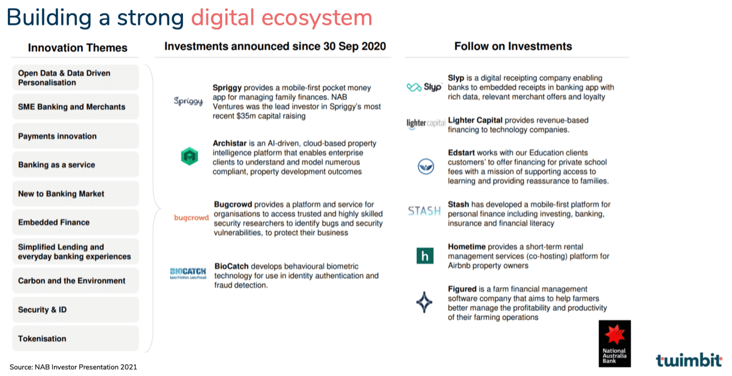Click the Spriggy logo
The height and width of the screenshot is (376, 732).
coord(188,101)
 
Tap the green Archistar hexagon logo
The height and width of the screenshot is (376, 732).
coord(189,156)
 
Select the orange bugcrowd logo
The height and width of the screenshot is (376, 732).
coord(191,217)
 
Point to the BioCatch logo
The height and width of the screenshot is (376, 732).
coord(188,273)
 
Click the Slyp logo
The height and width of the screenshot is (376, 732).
coord(424,87)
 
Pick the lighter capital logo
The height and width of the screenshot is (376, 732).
coord(425,123)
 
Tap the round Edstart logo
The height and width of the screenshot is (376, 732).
coord(425,166)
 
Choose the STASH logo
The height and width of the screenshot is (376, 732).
coord(424,210)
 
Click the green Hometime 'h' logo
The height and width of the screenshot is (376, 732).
coord(425,255)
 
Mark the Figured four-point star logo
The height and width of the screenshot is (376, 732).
coord(424,302)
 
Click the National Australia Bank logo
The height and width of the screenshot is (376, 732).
coord(615,343)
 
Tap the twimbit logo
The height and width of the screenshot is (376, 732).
coord(689,360)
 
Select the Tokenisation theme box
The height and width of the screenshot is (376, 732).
coord(76,338)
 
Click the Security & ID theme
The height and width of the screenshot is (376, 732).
coord(76,309)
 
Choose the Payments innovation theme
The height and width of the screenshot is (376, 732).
coord(76,136)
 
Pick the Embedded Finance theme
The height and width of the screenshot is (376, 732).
coord(76,222)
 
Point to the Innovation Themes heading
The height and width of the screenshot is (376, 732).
coord(77,48)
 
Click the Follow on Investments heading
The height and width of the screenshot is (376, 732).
coord(513,47)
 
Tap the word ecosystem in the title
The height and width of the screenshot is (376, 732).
coord(317,18)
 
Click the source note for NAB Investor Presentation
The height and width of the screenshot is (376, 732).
coord(73,367)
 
